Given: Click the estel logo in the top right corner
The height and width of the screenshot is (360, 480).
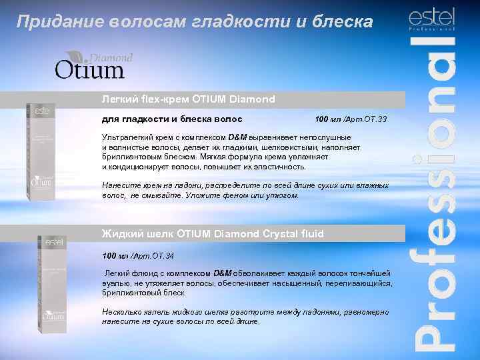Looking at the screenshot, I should pos(431,18).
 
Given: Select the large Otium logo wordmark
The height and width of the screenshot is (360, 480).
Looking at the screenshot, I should pos(90,69).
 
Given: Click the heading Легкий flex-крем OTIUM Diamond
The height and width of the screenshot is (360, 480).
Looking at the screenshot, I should pos(188,99).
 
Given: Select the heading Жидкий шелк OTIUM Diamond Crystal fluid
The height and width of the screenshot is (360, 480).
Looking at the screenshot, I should pos(212,234).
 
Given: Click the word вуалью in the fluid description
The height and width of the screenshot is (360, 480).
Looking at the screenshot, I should pos(114,283).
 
